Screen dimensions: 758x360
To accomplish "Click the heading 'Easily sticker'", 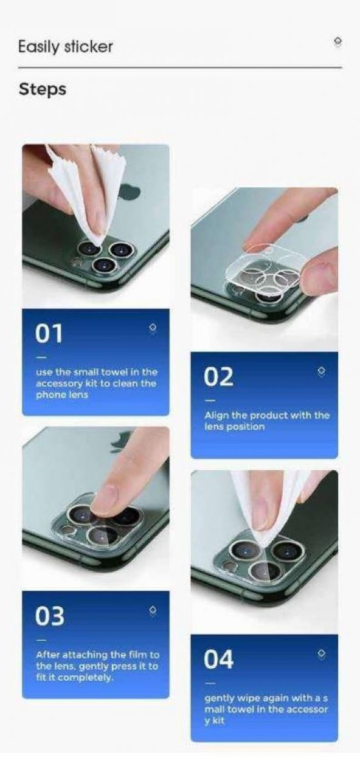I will click(65, 46).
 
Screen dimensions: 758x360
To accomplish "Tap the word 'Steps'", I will click(43, 89).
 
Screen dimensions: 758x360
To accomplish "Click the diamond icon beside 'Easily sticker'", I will click(338, 41).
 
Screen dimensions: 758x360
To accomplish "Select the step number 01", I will click(49, 333).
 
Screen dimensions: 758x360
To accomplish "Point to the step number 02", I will click(218, 377).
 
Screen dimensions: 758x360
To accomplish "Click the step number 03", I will click(49, 616).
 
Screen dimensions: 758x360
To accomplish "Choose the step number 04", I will click(218, 659).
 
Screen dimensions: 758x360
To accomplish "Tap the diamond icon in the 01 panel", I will click(152, 328).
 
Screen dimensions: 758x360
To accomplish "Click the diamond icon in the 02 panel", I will click(321, 371).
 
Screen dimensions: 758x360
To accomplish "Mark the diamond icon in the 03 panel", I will click(152, 610).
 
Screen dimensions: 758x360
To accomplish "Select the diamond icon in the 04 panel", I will click(321, 653).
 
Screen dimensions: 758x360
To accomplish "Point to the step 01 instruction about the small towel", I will click(95, 383).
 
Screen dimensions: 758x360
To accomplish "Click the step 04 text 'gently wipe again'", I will click(266, 709).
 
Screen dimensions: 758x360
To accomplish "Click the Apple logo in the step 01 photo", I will click(130, 193).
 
